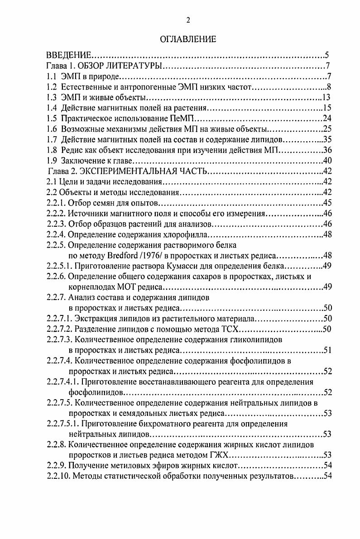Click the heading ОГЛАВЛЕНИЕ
(188, 39)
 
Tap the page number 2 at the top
(187, 19)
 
